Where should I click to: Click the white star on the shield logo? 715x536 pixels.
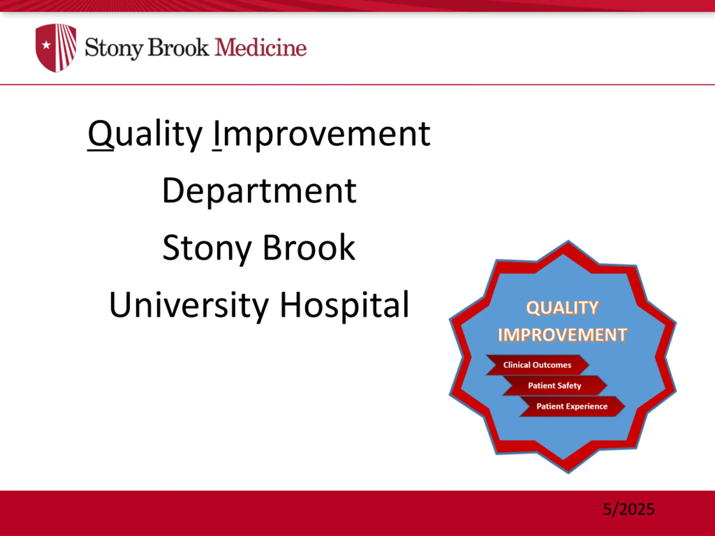point(47,45)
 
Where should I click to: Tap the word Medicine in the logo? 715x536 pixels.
point(261,48)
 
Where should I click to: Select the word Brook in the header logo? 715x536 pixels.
point(178,48)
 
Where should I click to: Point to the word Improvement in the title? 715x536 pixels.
point(322,134)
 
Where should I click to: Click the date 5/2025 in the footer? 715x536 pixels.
point(629,509)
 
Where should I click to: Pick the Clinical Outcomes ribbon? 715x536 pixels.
point(537,365)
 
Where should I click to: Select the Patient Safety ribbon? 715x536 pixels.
point(555,386)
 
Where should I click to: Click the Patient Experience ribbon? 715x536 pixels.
point(572,406)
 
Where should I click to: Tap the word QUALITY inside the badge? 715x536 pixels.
point(563,308)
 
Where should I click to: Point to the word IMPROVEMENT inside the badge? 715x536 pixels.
point(563,335)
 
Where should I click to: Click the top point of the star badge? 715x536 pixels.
point(568,241)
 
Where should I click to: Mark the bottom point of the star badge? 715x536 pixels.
point(568,473)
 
